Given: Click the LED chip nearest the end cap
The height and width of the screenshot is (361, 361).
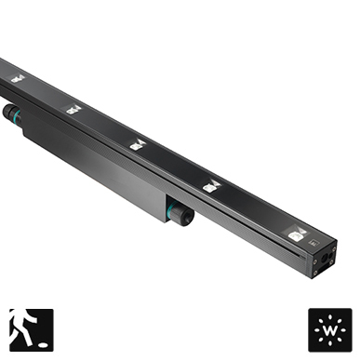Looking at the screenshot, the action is [x=297, y=234].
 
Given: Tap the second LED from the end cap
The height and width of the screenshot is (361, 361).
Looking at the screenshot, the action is [x=211, y=186].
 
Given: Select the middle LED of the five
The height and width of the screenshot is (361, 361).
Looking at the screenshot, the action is [x=138, y=145].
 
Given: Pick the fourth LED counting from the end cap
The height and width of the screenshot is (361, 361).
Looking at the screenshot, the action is [x=74, y=109].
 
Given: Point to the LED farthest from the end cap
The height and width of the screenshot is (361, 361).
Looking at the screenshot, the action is [x=18, y=78].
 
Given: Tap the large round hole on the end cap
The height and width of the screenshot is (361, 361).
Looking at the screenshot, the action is [x=325, y=258].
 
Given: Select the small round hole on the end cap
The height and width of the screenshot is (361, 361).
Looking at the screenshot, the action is [x=330, y=255].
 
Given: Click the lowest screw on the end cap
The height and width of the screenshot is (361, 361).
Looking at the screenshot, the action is [x=315, y=273].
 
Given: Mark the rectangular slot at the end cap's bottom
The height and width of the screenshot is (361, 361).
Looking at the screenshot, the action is [x=327, y=266].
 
